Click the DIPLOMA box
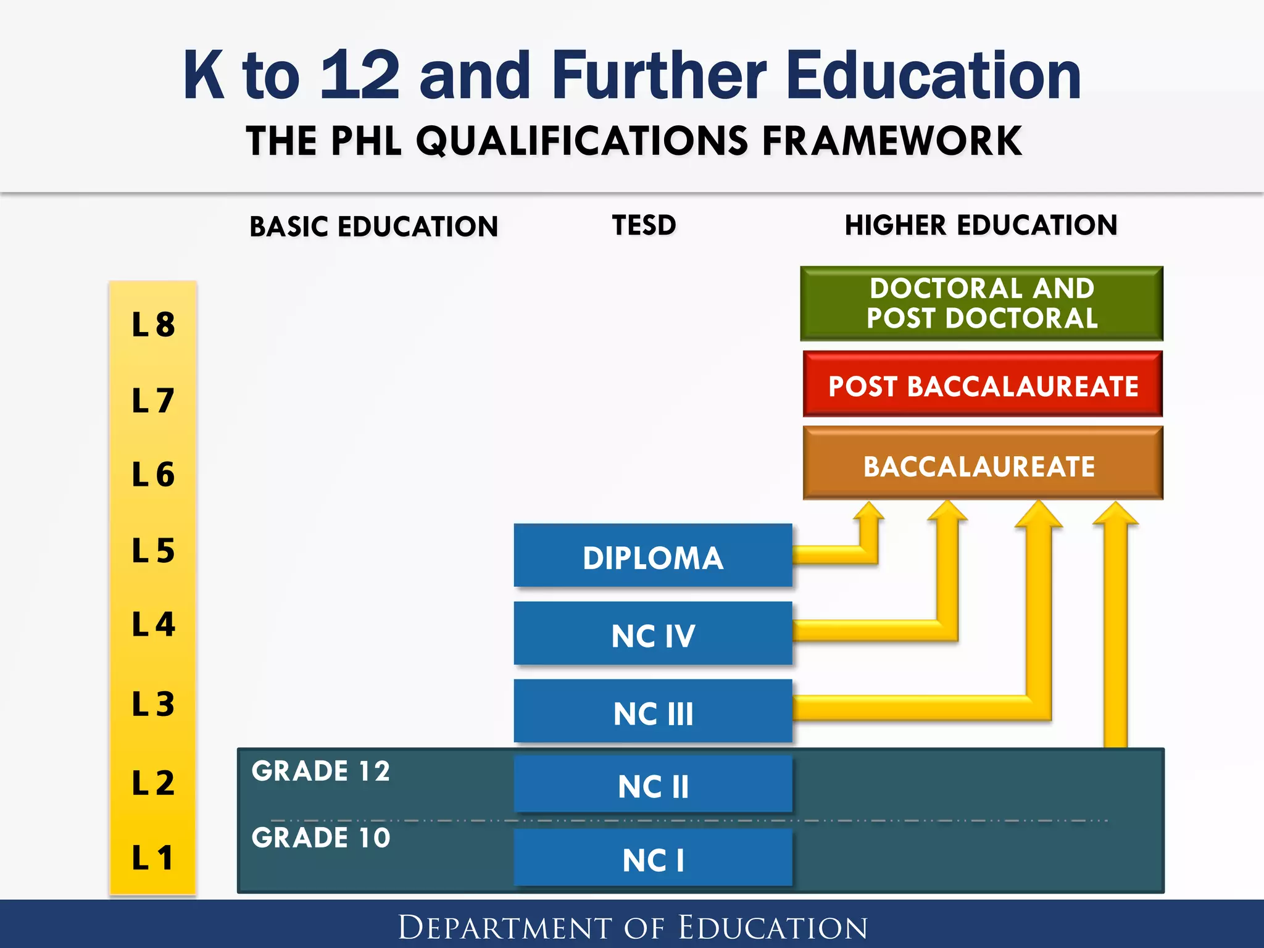(x=652, y=555)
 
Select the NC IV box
(x=652, y=634)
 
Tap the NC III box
(x=652, y=712)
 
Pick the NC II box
(x=652, y=784)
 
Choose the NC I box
(x=652, y=858)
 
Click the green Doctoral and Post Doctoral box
(x=981, y=304)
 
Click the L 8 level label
(x=153, y=325)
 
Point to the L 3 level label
(x=153, y=704)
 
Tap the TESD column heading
(x=644, y=225)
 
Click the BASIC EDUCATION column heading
(x=373, y=227)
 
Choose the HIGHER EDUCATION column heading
(x=981, y=225)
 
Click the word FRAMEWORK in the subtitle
(x=892, y=141)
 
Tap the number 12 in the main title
(x=360, y=75)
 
